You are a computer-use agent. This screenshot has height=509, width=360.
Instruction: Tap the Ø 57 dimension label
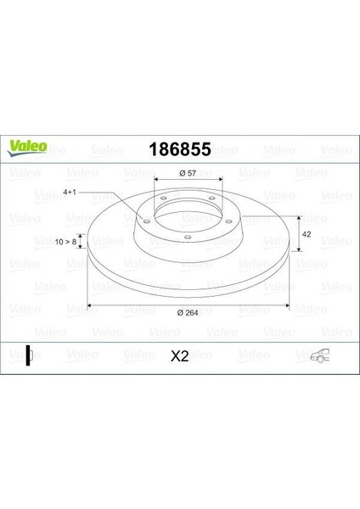click(187, 173)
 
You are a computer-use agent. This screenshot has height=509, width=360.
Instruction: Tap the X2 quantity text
click(179, 357)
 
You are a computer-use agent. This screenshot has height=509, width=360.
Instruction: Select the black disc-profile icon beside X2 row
click(28, 357)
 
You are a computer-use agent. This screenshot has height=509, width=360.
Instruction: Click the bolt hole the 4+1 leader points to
click(149, 222)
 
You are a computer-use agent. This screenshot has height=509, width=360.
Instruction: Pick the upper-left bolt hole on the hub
click(164, 198)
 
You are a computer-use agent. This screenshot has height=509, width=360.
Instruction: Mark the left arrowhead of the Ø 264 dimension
click(92, 304)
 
